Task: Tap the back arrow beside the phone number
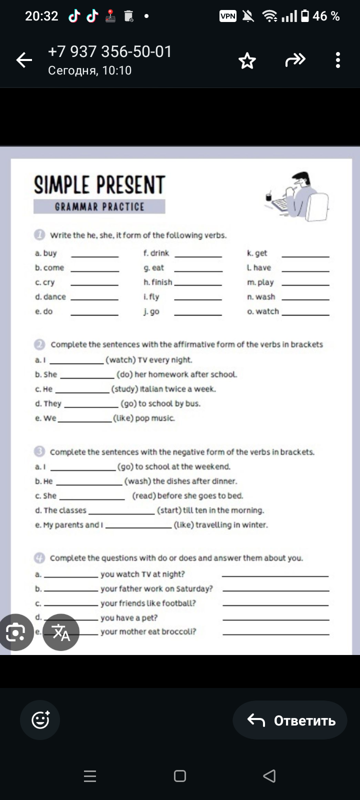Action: (x=24, y=60)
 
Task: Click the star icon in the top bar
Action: (x=247, y=61)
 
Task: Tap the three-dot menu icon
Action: (x=338, y=60)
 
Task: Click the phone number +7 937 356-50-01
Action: (x=110, y=51)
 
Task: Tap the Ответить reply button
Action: (x=290, y=720)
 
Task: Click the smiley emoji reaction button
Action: (x=40, y=720)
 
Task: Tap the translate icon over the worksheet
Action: (x=61, y=632)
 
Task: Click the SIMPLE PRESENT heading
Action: (x=99, y=185)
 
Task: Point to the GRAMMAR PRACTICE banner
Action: (x=99, y=207)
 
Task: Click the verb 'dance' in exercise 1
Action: (x=54, y=296)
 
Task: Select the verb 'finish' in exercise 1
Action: (x=161, y=282)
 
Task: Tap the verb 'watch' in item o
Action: (x=267, y=311)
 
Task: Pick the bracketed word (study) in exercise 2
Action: (x=124, y=389)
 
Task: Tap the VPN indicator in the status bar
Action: (x=228, y=16)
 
